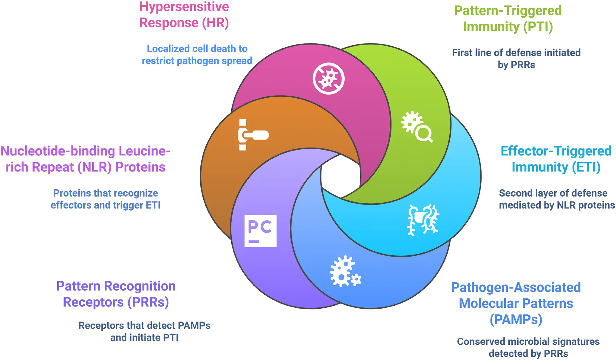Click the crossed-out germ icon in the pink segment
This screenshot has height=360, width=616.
328,78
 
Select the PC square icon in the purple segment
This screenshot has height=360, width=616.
260,231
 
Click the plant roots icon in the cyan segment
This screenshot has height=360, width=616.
423,220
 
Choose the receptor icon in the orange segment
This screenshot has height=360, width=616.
253,135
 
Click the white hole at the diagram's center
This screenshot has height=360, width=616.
341,176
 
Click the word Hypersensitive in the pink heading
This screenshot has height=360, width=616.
184,7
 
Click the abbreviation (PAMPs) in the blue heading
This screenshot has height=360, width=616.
516,319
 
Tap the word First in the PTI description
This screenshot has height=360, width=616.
462,53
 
